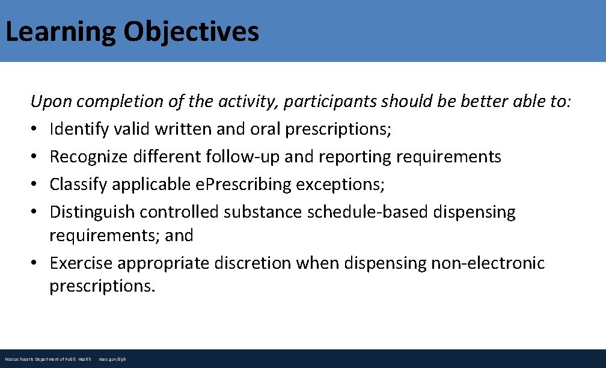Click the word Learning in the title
(61, 32)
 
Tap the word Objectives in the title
(191, 32)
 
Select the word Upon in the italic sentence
(51, 102)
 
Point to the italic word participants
(331, 102)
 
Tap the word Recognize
(88, 157)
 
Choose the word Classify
(73, 185)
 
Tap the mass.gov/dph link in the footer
(112, 359)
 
